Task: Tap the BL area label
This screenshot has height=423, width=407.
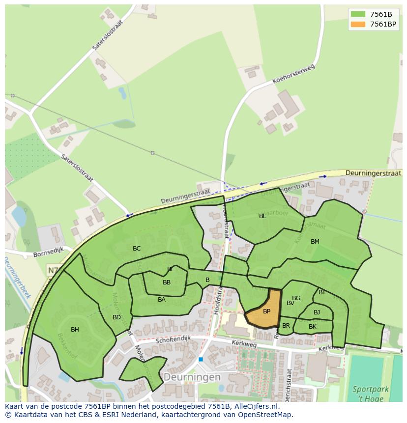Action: (262, 216)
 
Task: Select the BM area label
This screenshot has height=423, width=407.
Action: (315, 242)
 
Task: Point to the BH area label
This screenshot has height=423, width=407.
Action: (75, 330)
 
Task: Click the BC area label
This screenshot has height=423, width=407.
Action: (137, 249)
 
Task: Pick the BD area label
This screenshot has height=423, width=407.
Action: (116, 317)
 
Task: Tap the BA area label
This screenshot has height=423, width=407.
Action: (162, 300)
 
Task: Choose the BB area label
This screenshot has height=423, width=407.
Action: (167, 282)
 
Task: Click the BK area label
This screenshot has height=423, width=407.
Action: (313, 327)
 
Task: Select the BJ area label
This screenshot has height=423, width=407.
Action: (317, 312)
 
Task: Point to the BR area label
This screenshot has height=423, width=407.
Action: (286, 326)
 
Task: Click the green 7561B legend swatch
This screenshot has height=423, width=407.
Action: (358, 14)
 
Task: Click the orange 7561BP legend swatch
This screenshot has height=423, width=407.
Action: (358, 24)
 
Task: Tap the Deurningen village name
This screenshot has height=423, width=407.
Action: (192, 377)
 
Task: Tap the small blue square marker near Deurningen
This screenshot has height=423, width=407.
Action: (201, 360)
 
